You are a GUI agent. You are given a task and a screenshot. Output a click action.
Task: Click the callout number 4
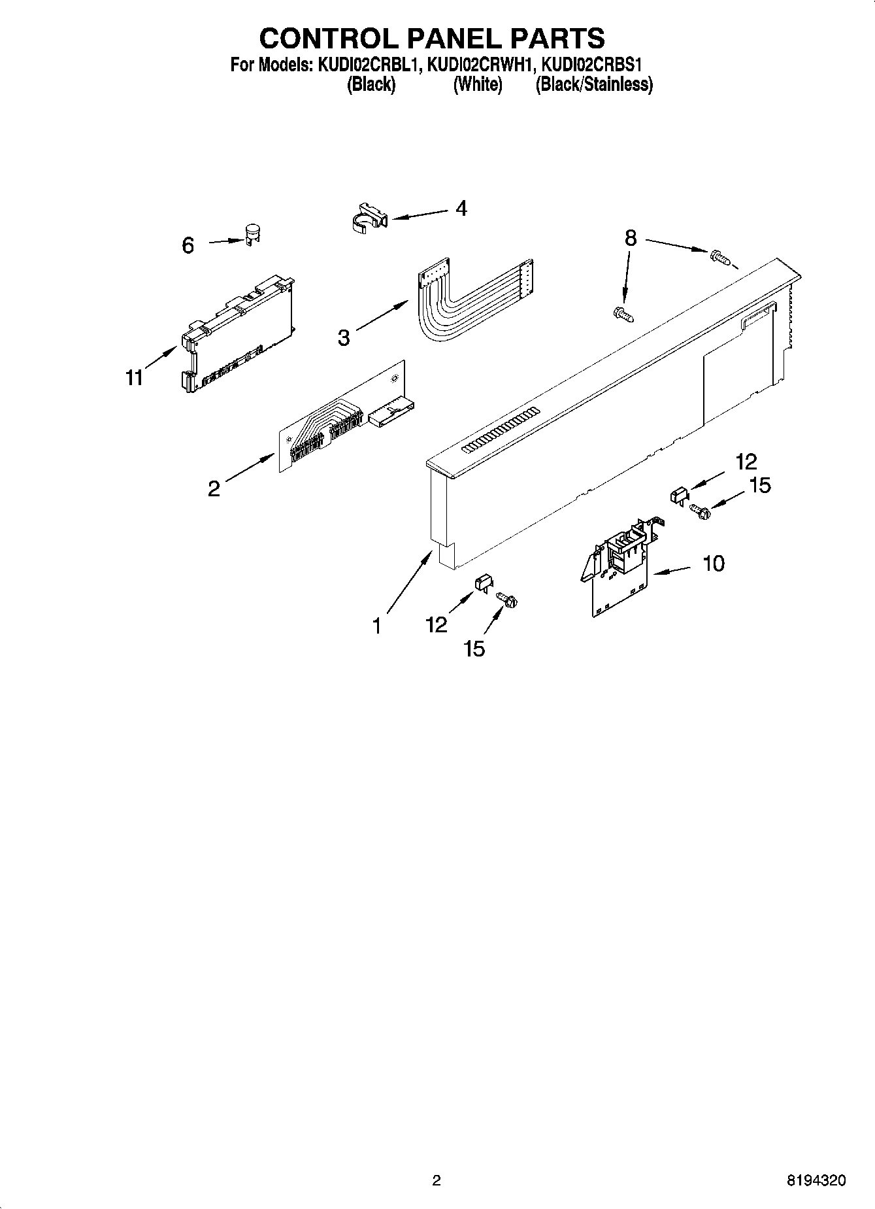[x=461, y=209]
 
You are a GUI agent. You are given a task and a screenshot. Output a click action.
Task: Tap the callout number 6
[x=188, y=246]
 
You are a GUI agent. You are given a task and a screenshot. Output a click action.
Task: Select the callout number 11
[x=134, y=378]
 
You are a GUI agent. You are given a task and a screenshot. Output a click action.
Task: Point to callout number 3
[x=344, y=338]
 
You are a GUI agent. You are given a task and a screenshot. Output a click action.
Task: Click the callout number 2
[x=214, y=488]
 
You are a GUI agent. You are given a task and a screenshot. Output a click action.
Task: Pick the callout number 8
[x=630, y=238]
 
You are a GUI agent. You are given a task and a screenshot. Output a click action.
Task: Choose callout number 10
[x=714, y=563]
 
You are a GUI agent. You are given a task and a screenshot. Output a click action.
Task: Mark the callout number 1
[x=376, y=626]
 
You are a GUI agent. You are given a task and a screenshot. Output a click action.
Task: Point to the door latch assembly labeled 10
[x=618, y=569]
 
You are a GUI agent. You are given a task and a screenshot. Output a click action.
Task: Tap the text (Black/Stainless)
[x=593, y=84]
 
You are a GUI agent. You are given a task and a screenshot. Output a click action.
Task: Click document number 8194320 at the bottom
[x=816, y=1181]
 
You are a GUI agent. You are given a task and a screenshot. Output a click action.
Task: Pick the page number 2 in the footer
[x=437, y=1181]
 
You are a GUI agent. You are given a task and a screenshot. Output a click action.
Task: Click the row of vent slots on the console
[x=501, y=430]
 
